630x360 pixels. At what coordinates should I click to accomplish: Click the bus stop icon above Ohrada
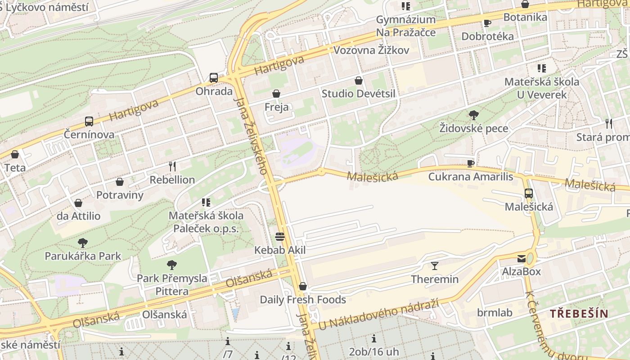point(214,77)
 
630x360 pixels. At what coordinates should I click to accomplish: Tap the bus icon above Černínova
point(89,121)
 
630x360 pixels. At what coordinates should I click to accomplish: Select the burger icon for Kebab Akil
point(280,237)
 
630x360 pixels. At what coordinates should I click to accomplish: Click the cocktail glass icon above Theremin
point(435,265)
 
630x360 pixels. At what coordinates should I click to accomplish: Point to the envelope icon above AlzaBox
point(522,258)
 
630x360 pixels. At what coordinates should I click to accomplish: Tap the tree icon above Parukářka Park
point(82,243)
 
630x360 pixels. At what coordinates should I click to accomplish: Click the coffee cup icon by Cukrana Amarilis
point(471,163)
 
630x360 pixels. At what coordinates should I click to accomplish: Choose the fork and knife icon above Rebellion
point(172,166)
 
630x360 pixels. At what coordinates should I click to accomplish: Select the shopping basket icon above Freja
point(276,94)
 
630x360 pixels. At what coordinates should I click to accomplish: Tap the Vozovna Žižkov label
point(371,50)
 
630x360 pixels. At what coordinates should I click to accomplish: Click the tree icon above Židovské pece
point(473,115)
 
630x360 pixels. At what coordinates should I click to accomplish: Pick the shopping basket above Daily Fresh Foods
point(303,286)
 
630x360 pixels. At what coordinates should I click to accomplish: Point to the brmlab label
point(495,313)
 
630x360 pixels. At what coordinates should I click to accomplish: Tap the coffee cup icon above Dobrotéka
point(487,23)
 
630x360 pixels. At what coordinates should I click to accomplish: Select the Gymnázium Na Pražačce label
point(406,26)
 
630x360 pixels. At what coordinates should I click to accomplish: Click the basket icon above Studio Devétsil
point(359,81)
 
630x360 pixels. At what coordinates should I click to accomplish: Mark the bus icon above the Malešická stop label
point(529,193)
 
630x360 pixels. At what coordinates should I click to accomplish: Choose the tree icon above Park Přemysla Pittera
point(172,265)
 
